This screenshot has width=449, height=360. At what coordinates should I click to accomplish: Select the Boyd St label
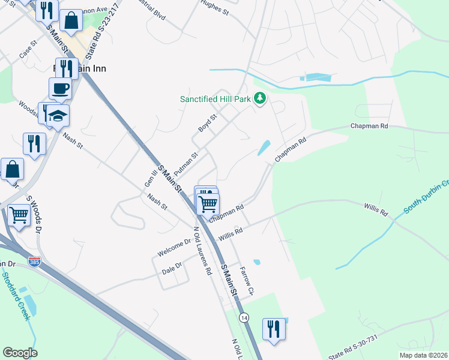point(207,124)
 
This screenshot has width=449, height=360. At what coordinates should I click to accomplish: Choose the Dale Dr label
point(172,268)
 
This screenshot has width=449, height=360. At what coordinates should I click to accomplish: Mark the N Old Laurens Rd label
point(202,251)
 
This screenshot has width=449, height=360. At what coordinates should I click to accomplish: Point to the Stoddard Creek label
point(14,297)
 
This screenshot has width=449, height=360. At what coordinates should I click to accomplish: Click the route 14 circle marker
point(243,317)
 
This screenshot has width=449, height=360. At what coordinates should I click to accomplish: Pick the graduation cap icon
point(58,115)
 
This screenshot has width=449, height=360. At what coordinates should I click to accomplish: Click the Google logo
point(20,353)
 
